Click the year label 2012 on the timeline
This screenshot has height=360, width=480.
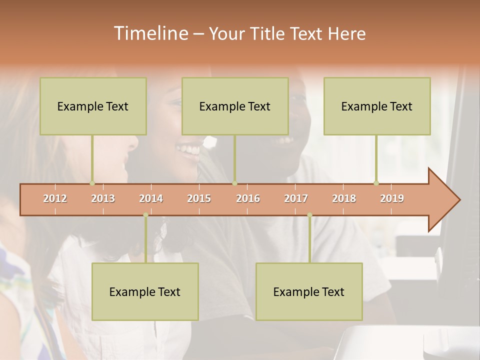tap(55, 198)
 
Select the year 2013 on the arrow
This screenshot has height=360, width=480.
tap(103, 198)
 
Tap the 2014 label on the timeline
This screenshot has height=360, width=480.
tap(151, 198)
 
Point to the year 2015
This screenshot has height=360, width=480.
tap(199, 198)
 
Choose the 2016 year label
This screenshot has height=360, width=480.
tap(248, 198)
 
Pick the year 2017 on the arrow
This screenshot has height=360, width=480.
tap(296, 198)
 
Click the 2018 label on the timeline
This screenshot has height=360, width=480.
tap(344, 198)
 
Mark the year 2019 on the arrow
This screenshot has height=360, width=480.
tap(392, 198)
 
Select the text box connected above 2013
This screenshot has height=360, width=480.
tap(93, 106)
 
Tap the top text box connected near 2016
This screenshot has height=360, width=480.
tap(235, 106)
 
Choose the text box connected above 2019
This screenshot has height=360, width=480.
tap(377, 106)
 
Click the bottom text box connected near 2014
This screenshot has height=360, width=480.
tap(145, 291)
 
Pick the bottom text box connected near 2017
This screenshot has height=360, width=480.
tap(309, 291)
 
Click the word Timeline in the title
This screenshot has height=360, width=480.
tap(150, 33)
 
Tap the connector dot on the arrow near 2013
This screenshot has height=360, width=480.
tap(92, 183)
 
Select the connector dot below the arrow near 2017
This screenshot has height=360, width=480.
tap(309, 215)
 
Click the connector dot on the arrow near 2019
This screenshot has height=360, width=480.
tap(376, 183)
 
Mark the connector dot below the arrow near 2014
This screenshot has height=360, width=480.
tap(145, 215)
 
